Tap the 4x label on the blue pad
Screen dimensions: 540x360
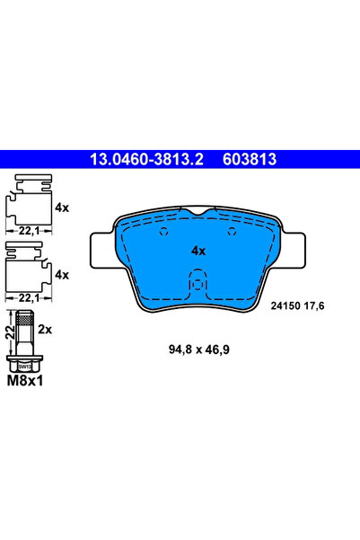pos(198,251)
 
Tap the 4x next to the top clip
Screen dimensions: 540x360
pos(62,207)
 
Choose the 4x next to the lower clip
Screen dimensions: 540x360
pos(62,274)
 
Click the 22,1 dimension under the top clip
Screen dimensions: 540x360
pos(29,231)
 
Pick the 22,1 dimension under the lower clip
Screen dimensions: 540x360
pos(29,298)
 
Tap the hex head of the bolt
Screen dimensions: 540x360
pos(26,366)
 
